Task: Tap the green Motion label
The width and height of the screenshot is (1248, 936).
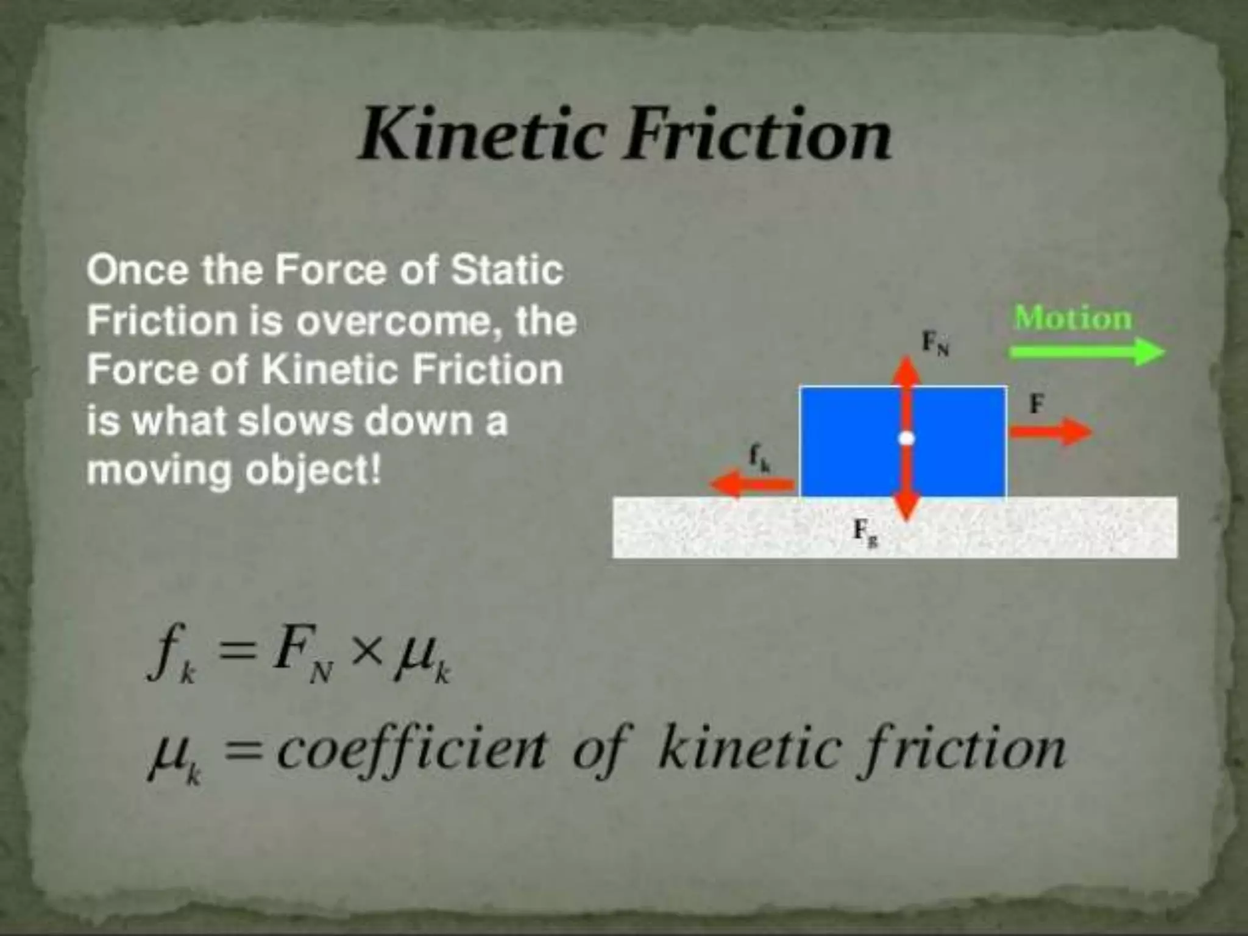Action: [x=1072, y=318]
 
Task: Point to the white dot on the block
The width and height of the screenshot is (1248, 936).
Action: [x=907, y=438]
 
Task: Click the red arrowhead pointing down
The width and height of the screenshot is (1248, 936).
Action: [x=907, y=507]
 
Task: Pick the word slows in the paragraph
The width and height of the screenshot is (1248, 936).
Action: [x=295, y=420]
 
